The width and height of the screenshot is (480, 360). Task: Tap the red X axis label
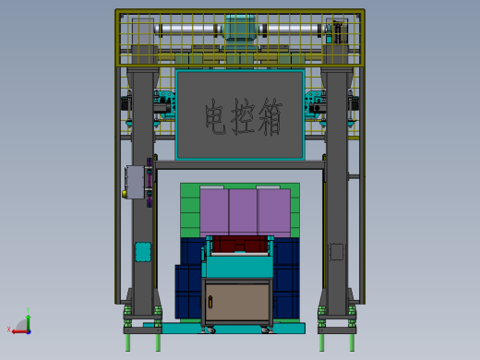point(9,329)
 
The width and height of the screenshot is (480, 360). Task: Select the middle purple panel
point(243,211)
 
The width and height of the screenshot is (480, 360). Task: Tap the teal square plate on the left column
point(142,251)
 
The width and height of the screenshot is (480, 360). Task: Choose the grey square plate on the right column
point(337,251)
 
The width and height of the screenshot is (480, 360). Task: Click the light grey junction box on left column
point(138,181)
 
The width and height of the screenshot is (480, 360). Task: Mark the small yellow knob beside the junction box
point(125,194)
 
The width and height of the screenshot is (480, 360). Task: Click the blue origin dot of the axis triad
point(28,329)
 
